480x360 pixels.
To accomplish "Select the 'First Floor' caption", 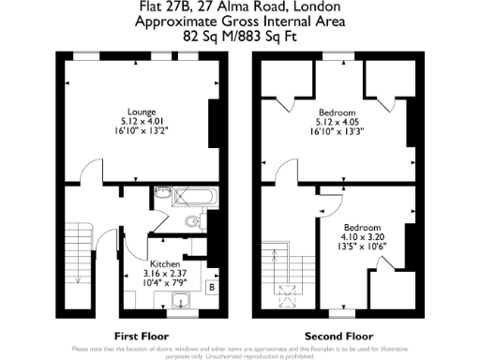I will click(x=140, y=335).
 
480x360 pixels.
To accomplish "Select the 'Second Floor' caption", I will click(x=333, y=335).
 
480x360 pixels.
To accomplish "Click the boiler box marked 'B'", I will click(x=212, y=287).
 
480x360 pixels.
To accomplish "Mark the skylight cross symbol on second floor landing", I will click(x=288, y=292).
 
